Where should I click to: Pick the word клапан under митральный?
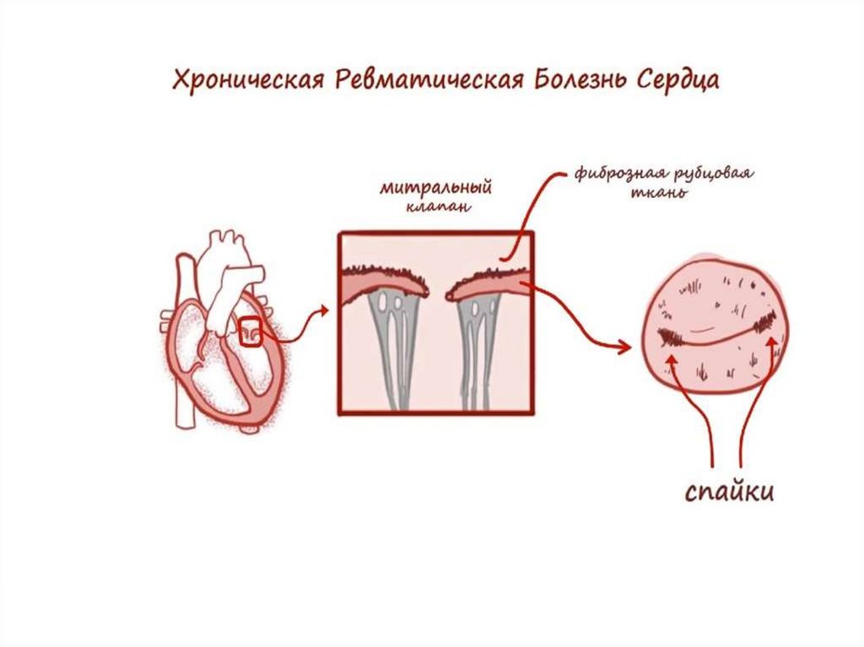coord(435,207)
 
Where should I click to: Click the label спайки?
coord(728,492)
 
